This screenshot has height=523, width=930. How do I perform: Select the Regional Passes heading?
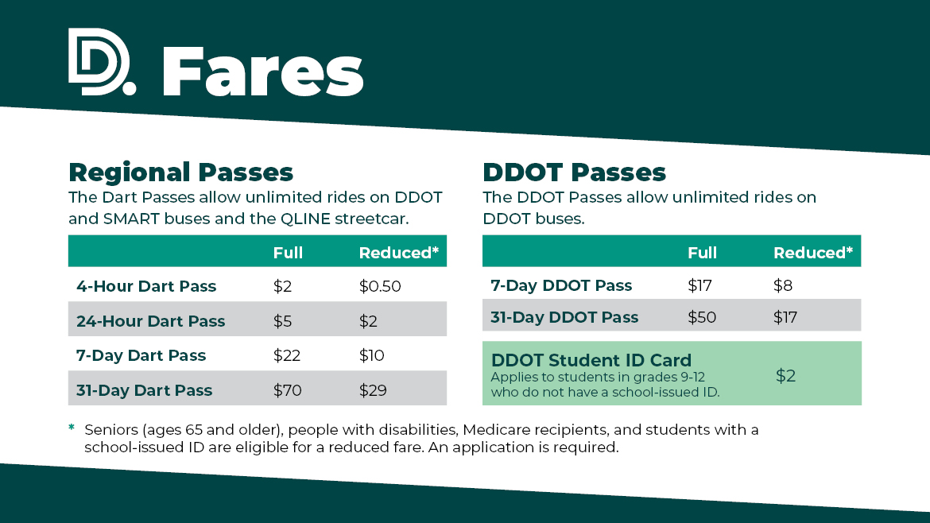click(x=180, y=172)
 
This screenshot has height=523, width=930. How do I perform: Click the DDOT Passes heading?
click(x=574, y=172)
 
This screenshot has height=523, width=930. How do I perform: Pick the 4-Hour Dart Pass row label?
click(x=146, y=286)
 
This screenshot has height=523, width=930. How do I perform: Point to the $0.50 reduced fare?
click(x=380, y=286)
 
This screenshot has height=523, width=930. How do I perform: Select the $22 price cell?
click(x=286, y=355)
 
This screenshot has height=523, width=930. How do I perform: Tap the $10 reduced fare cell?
click(x=371, y=355)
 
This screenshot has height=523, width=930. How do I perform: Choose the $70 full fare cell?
click(x=287, y=390)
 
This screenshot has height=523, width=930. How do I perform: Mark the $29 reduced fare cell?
click(x=373, y=390)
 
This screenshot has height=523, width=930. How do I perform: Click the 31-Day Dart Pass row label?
click(x=144, y=390)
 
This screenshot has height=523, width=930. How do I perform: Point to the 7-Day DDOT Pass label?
click(x=561, y=285)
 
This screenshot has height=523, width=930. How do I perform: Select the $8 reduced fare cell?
click(x=783, y=285)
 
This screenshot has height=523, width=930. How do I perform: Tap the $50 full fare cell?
click(x=702, y=317)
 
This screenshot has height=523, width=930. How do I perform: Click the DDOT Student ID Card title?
click(x=591, y=360)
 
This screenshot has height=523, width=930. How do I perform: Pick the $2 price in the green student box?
click(x=785, y=376)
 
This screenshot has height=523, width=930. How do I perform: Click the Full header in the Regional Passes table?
click(x=288, y=253)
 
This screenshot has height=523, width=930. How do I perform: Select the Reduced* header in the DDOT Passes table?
click(x=812, y=253)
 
